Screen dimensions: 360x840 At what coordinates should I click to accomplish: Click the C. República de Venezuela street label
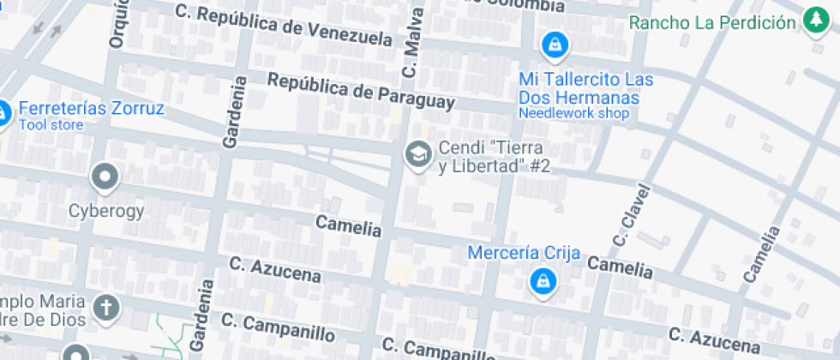283,25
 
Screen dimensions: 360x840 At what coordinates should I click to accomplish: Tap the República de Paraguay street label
360,92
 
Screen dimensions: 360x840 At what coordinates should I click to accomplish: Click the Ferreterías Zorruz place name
91,109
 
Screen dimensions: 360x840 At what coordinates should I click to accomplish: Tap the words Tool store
51,125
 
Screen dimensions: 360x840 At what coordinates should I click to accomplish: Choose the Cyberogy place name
106,210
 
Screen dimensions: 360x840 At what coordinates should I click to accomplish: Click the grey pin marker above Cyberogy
105,178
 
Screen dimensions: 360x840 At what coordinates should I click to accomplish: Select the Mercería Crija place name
524,253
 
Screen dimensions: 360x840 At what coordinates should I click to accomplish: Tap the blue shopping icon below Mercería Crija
542,280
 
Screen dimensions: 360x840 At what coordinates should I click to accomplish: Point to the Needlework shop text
573,113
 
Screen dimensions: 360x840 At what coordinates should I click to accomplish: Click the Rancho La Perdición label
712,21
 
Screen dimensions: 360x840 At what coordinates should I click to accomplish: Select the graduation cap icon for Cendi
417,155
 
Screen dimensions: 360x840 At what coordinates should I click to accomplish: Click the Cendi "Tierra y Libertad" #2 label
494,157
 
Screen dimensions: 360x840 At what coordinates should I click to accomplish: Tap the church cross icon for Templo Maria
106,308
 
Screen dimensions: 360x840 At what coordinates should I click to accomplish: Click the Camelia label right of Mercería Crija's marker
620,268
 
